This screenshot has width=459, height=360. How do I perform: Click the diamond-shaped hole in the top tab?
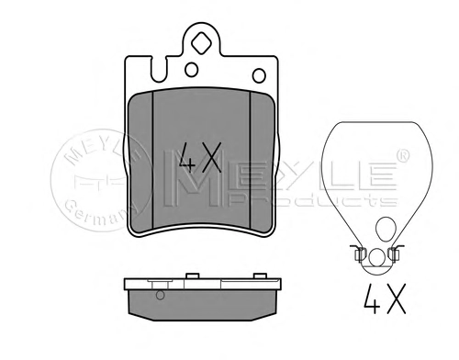201,43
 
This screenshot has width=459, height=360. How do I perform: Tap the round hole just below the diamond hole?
192,70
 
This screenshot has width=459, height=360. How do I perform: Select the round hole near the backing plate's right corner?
259,75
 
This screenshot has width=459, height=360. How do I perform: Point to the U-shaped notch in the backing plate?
160,70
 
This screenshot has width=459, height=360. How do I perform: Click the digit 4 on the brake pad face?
187,158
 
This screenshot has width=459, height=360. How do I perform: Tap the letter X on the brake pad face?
210,157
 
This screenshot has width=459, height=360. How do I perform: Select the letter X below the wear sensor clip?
396,298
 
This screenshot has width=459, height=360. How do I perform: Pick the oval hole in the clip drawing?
386,229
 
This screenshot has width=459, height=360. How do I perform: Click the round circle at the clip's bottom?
376,257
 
